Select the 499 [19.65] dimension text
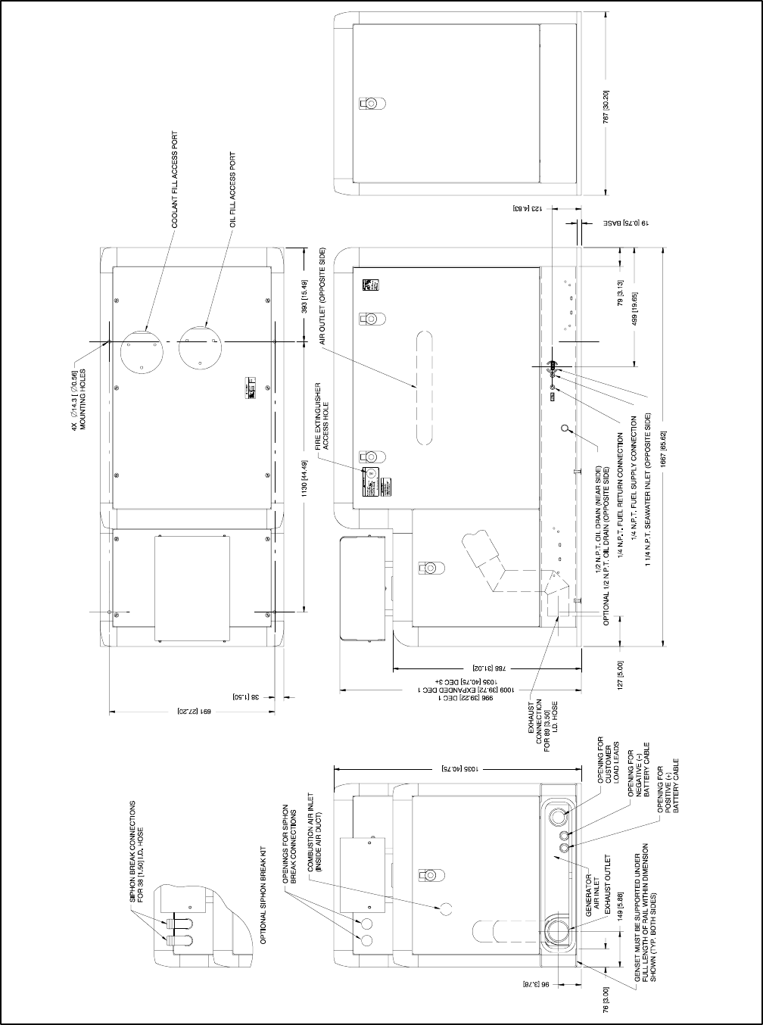click(x=636, y=309)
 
